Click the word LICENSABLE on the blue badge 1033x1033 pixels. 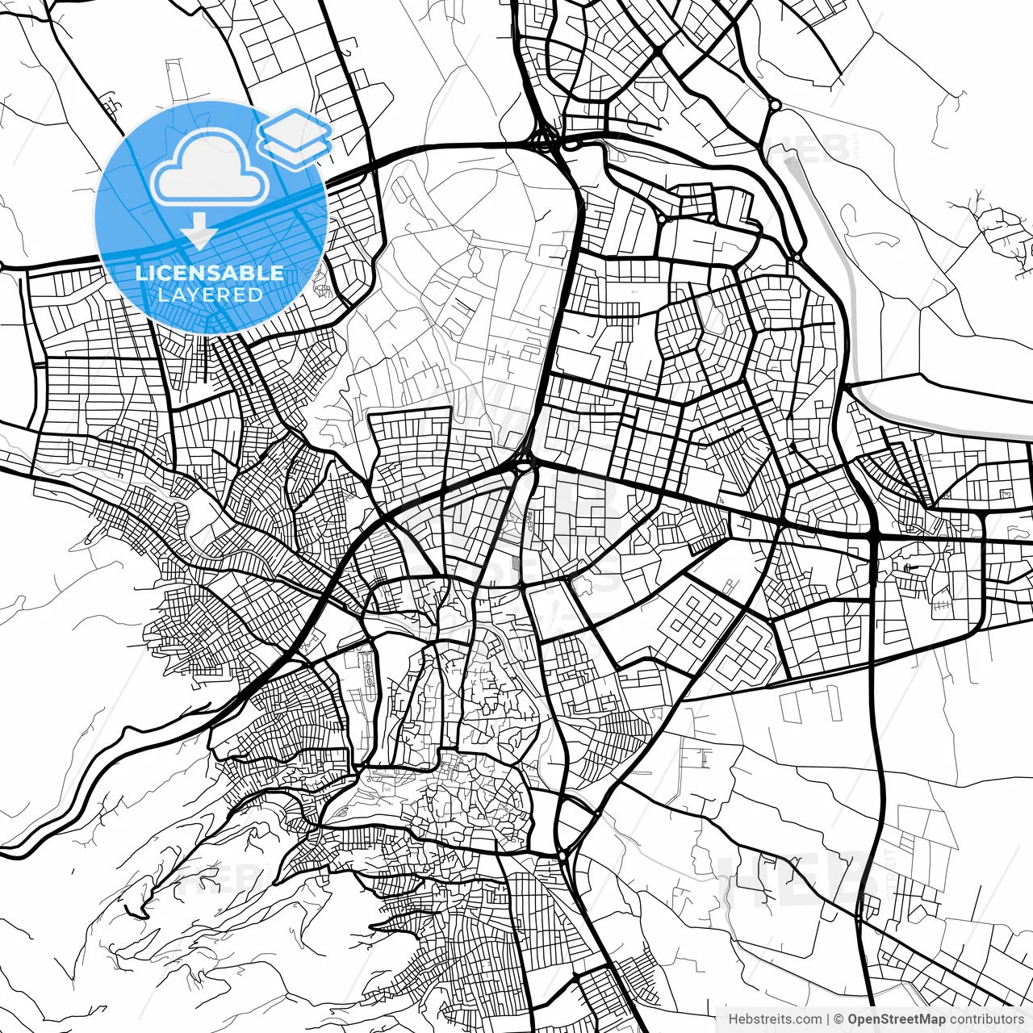click(210, 273)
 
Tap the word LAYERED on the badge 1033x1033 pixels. click(210, 295)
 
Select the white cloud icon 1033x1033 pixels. click(210, 169)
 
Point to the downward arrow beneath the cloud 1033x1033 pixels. click(199, 233)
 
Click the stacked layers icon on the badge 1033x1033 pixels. click(295, 134)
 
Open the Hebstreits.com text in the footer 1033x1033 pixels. click(775, 1019)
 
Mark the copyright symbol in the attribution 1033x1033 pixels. click(839, 1019)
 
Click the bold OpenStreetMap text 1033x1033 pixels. click(897, 1019)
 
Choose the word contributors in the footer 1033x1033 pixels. click(986, 1019)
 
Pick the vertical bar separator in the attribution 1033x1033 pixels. click(829, 1019)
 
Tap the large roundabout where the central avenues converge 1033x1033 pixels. click(524, 466)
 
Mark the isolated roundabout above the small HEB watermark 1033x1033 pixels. click(775, 105)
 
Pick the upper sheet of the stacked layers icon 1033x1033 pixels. click(295, 127)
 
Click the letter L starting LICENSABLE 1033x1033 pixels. click(140, 273)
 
